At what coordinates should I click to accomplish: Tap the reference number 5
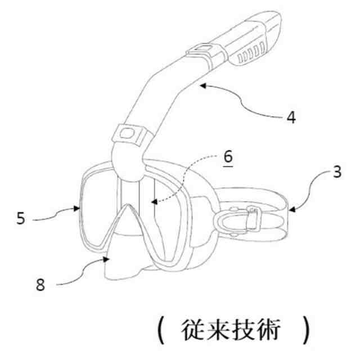point(21,217)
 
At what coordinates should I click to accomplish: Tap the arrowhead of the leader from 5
point(79,208)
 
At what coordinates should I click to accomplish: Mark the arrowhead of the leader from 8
point(109,259)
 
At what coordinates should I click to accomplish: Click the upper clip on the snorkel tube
point(201,52)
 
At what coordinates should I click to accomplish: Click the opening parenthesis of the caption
point(161,331)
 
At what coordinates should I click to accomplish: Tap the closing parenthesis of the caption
point(306,331)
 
